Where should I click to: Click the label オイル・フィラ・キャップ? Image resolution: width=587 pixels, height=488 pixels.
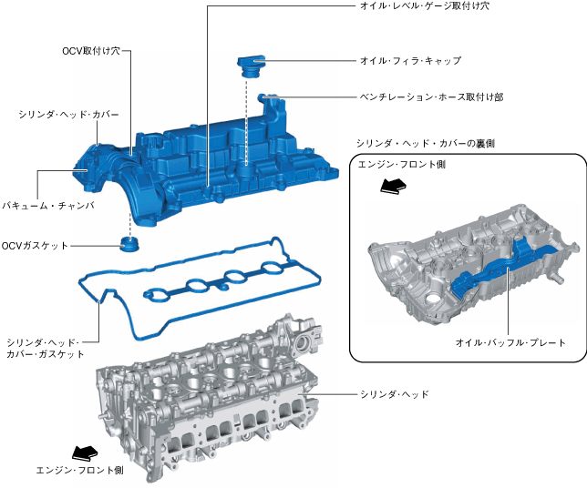(411, 61)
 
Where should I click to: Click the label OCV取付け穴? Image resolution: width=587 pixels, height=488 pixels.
(91, 53)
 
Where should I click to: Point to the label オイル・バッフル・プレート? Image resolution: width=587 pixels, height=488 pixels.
(511, 343)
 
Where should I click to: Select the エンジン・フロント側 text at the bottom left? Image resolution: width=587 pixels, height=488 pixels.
(78, 471)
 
